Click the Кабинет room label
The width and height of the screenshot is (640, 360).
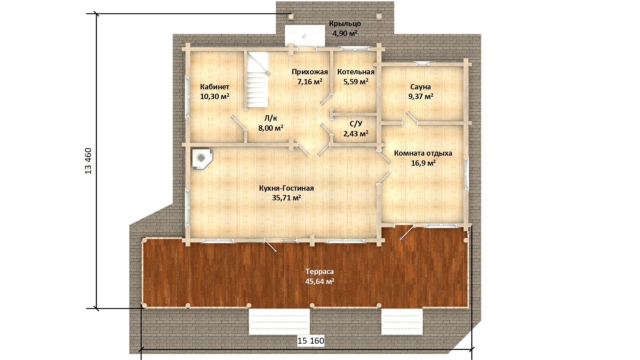coord(215,87)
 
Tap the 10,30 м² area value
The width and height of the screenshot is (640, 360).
coord(215,97)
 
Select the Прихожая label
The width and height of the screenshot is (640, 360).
coord(310,72)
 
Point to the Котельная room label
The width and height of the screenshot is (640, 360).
coord(356,72)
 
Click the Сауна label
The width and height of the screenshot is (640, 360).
coord(421,87)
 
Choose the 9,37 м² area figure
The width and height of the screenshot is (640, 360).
coord(421,97)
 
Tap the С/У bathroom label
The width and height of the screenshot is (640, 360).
coord(356,124)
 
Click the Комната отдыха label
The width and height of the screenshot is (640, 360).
coord(423,153)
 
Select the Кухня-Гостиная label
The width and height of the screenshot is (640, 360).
coord(286,188)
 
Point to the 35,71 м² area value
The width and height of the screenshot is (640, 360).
coord(286,198)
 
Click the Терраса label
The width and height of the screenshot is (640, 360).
coord(320,272)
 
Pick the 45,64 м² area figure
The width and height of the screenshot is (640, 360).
coord(320,281)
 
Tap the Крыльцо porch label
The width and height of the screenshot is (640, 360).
coord(345,24)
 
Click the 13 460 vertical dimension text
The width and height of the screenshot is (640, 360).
coord(88,161)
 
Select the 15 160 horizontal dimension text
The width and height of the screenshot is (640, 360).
coord(311,341)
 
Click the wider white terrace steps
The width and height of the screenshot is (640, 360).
coord(279,322)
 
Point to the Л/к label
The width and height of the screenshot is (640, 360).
coord(271,118)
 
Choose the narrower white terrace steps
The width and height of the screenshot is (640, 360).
coord(402,322)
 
